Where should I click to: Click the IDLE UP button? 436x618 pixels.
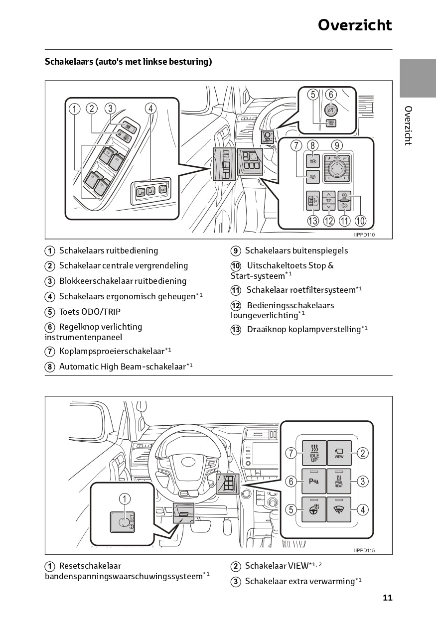[x=314, y=453]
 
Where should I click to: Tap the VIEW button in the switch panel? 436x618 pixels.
[x=339, y=453]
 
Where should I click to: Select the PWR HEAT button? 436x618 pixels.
[x=339, y=481]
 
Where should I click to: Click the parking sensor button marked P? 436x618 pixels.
[x=314, y=481]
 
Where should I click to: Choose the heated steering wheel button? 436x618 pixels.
[x=314, y=509]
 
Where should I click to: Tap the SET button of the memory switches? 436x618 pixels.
[x=163, y=189]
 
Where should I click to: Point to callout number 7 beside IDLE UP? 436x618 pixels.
[x=291, y=453]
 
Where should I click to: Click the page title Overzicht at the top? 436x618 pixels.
[x=355, y=25]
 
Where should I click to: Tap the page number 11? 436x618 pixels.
[x=388, y=598]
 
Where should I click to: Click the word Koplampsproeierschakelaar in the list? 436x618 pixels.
[x=112, y=351]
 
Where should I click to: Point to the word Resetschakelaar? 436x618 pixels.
[x=90, y=566]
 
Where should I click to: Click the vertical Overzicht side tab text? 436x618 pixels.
[x=408, y=125]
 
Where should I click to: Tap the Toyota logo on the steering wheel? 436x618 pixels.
[x=188, y=462]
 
